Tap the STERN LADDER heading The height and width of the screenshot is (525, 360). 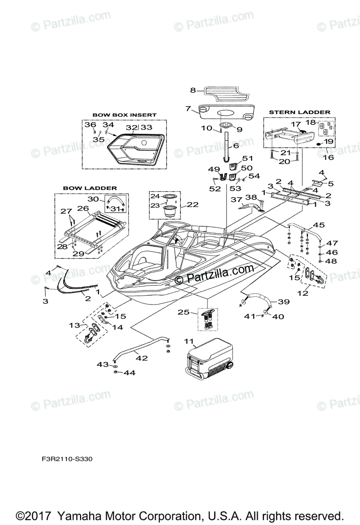(300, 112)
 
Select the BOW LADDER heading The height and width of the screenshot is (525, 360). (90, 188)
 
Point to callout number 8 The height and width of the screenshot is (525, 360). (192, 91)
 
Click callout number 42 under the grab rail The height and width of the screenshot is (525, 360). (141, 357)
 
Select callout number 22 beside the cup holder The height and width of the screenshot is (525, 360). (193, 204)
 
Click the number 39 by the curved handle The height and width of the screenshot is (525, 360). (284, 302)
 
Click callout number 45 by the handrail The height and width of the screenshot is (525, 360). (319, 226)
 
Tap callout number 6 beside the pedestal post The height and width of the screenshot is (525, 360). (236, 146)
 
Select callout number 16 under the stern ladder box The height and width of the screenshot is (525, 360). (328, 157)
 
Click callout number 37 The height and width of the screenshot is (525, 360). (237, 199)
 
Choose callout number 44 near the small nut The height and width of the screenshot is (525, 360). (130, 373)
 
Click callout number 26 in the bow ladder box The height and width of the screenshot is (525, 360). (83, 208)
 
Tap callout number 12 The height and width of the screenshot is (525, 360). (303, 293)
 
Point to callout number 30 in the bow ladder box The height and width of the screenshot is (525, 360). (93, 199)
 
